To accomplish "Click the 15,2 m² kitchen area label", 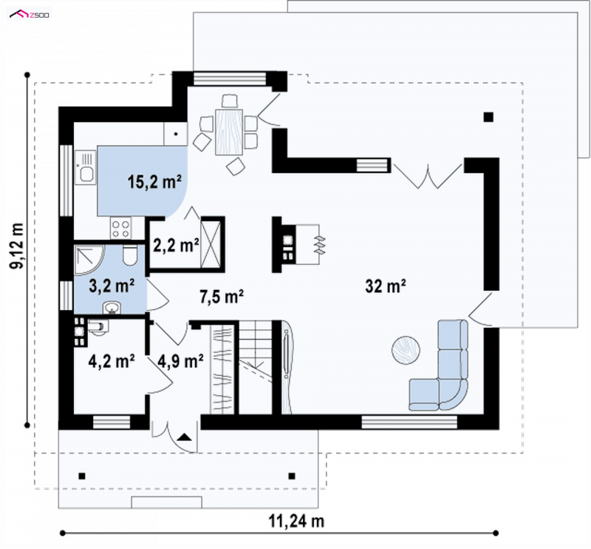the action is (155, 182).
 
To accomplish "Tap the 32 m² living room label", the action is (385, 286).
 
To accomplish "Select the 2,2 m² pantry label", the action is (176, 246).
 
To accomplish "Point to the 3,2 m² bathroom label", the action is (112, 286).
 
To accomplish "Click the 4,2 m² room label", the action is (112, 361).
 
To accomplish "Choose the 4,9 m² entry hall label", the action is (181, 361).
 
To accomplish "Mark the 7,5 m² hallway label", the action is (222, 297).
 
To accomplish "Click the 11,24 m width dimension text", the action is (296, 522).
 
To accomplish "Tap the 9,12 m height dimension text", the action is (17, 246).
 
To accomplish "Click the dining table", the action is (229, 132).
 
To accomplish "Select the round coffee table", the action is (406, 350).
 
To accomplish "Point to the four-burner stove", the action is (121, 228).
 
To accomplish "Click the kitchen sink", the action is (85, 168).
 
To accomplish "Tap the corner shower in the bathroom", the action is (89, 260).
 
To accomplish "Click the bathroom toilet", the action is (130, 255).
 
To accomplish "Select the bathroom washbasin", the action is (112, 308).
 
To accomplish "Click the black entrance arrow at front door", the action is (184, 437).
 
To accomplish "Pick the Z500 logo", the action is (30, 15).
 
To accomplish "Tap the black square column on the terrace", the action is (488, 117).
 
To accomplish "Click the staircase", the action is (255, 367).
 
